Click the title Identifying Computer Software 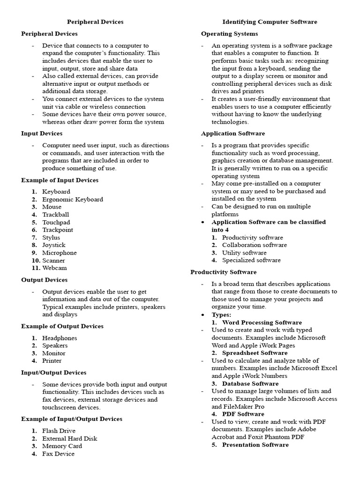(270, 22)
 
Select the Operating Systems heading (229, 34)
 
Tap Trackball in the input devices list (55, 215)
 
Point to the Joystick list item (54, 245)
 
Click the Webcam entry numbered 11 (54, 268)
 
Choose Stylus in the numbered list (51, 238)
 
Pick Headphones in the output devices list (60, 338)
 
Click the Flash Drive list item (59, 431)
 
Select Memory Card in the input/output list (62, 446)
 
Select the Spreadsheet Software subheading (255, 353)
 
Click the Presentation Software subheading (255, 445)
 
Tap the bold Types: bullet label (221, 315)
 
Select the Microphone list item (59, 253)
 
